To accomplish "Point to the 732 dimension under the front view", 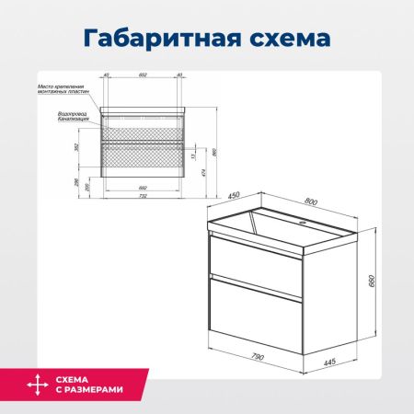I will (x=142, y=195).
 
